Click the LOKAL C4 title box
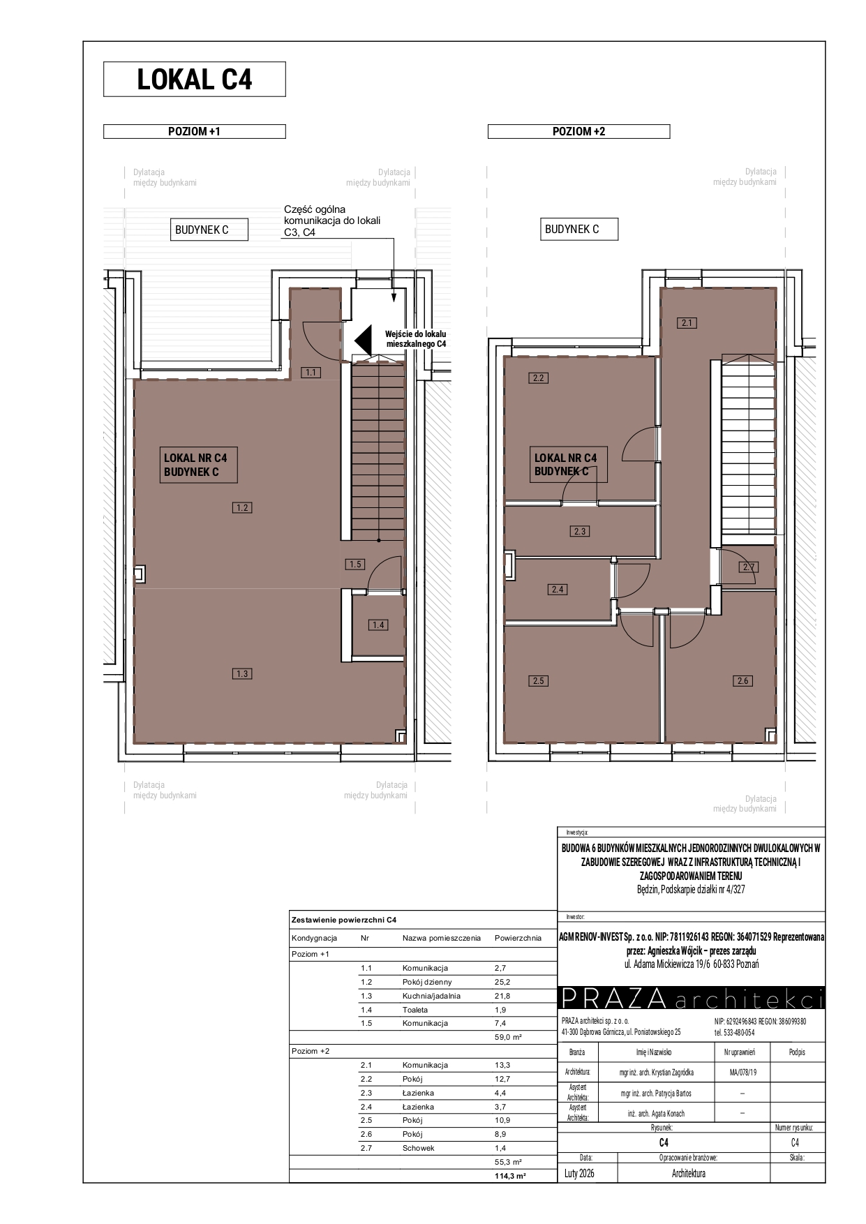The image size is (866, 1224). click(195, 79)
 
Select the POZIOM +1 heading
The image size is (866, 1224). click(195, 131)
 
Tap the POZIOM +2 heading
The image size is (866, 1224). click(579, 131)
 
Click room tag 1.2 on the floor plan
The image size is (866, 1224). click(242, 507)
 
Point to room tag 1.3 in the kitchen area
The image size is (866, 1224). click(242, 673)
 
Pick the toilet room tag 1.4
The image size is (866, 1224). click(379, 625)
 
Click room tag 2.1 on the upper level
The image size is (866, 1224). click(687, 322)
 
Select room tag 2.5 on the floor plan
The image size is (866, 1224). click(538, 680)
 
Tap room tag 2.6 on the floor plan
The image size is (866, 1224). click(742, 680)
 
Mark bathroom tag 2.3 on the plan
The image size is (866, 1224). click(579, 531)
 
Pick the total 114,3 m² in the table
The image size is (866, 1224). click(510, 1175)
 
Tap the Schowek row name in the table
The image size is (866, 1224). click(419, 1147)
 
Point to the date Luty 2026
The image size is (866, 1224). click(580, 1173)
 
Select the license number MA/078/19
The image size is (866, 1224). click(742, 1072)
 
